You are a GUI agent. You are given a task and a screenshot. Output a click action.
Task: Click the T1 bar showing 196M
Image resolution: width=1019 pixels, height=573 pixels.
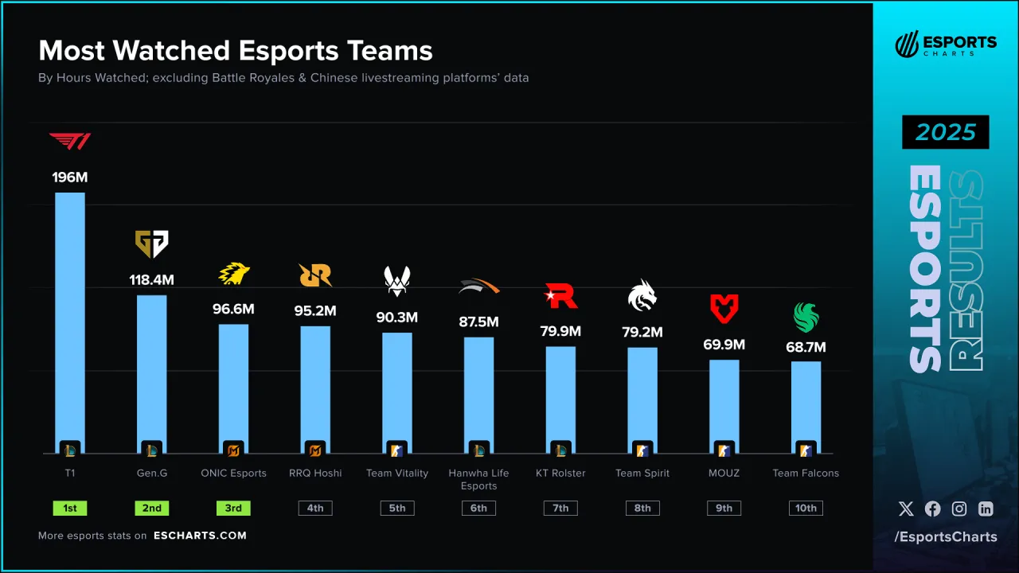coord(69,318)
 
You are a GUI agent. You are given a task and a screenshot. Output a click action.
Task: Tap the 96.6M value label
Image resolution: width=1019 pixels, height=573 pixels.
coord(234,309)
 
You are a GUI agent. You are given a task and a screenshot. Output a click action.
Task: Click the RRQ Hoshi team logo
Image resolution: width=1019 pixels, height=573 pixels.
coord(315,275)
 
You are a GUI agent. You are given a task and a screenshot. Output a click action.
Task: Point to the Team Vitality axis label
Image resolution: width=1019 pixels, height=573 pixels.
coord(396,473)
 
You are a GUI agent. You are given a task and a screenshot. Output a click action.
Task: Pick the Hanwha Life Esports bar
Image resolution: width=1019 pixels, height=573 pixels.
coord(478,390)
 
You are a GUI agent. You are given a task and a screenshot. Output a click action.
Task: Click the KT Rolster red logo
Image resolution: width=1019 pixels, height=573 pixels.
coord(560,295)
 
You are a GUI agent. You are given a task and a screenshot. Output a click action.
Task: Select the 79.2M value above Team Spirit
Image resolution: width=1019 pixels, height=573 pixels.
coord(642,332)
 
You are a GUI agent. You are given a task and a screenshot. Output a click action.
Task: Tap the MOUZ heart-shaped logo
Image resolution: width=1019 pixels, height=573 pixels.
coord(724,309)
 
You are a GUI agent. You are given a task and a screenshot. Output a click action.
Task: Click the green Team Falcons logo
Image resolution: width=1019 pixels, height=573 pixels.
coord(806,318)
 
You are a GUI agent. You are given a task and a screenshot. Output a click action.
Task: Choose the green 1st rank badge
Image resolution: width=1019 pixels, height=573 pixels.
coord(69,508)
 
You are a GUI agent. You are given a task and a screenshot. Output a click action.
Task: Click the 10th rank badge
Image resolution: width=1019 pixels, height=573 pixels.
coord(806,508)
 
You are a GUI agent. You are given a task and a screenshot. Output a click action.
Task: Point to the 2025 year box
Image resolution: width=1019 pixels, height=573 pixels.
coord(945,132)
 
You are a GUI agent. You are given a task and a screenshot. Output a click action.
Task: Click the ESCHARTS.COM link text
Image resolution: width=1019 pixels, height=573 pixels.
coord(200,536)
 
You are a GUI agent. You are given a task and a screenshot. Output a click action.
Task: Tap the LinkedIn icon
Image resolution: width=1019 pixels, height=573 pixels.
coord(986,509)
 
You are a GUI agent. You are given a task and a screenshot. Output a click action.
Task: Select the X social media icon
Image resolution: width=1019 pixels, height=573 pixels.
coord(906,509)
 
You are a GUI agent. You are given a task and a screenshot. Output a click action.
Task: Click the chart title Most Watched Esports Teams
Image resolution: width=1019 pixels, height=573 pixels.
coord(236,51)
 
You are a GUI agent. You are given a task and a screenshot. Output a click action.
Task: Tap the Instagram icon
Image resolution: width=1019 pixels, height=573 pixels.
coord(959,509)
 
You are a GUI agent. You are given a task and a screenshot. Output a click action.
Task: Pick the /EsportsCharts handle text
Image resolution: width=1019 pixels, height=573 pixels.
coord(946,537)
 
